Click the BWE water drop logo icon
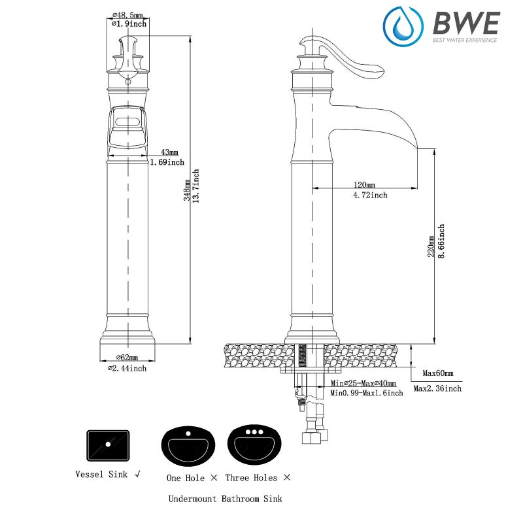click(403, 27)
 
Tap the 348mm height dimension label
click(187, 190)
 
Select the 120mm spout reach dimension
click(364, 184)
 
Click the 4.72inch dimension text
click(370, 195)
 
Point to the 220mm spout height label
click(431, 246)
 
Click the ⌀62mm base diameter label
click(127, 357)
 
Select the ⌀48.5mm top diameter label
click(127, 14)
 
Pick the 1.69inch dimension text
click(167, 162)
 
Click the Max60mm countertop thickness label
click(437, 373)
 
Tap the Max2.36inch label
click(437, 388)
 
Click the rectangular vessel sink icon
click(108, 445)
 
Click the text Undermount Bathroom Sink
click(225, 499)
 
